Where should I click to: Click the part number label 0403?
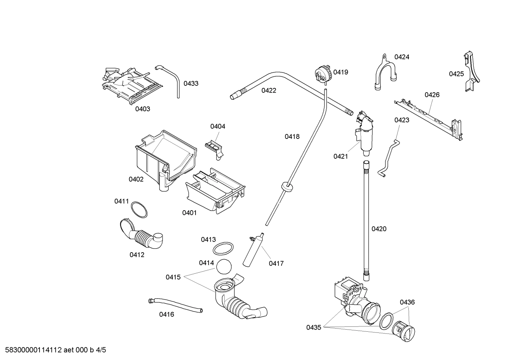click(143, 109)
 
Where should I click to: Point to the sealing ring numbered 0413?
click(223, 248)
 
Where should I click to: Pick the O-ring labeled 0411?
click(139, 210)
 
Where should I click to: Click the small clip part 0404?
click(214, 147)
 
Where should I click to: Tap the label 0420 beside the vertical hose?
click(379, 229)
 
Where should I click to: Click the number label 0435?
click(313, 327)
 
